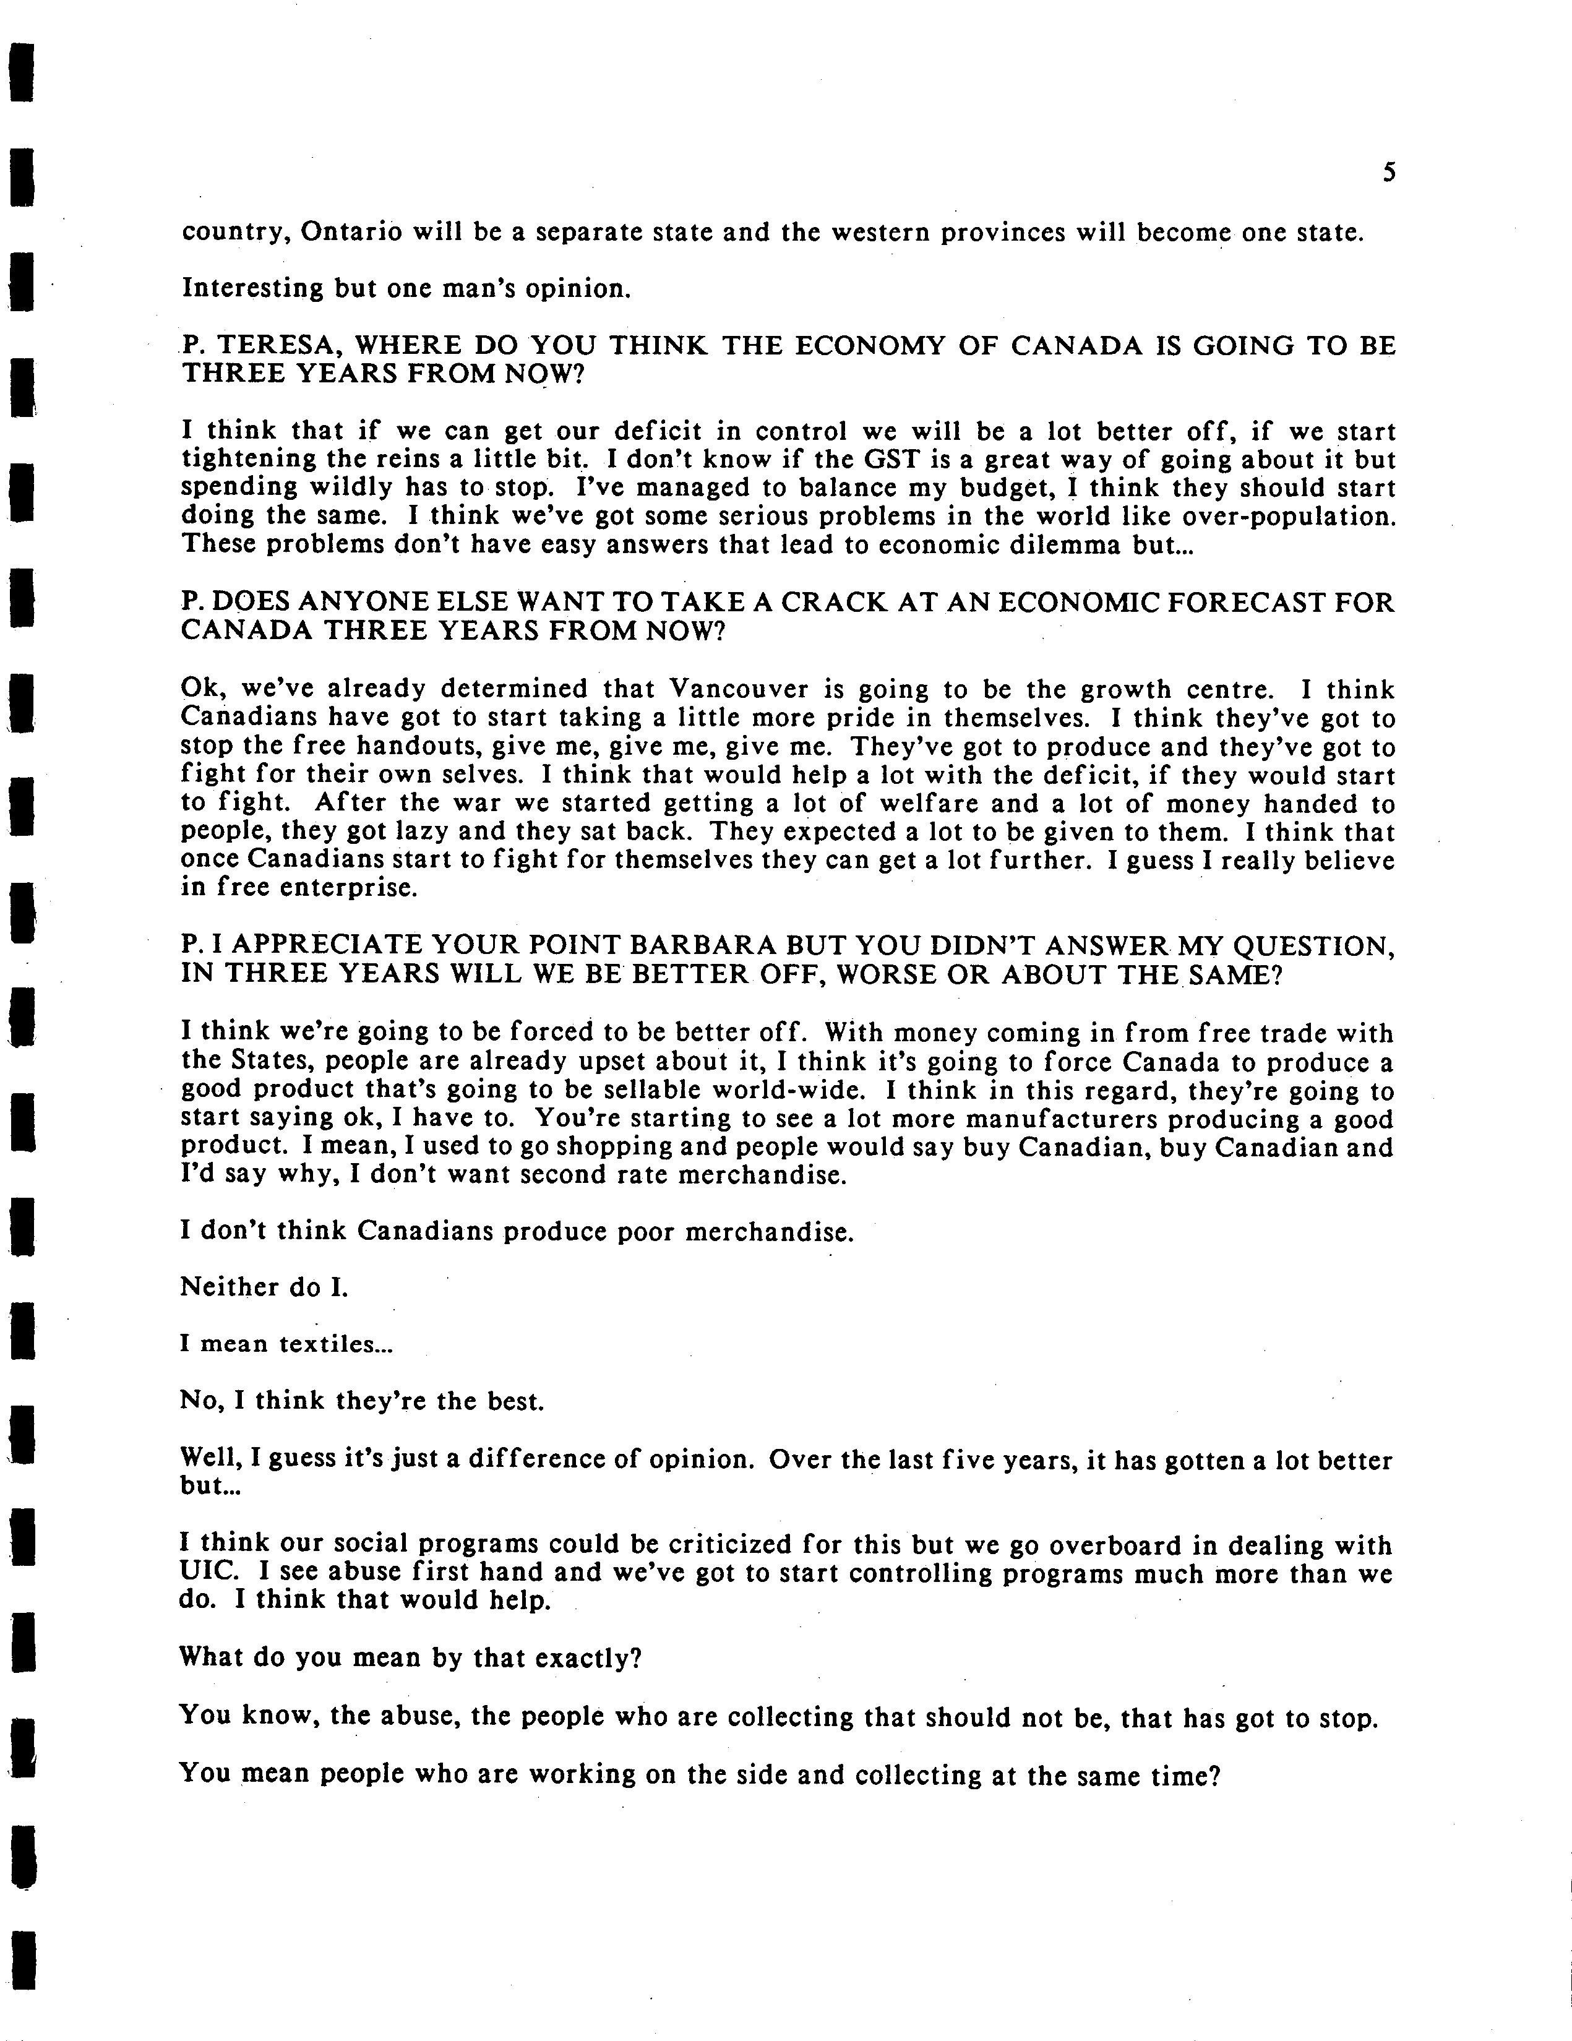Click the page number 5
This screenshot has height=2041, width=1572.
[x=1389, y=173]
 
